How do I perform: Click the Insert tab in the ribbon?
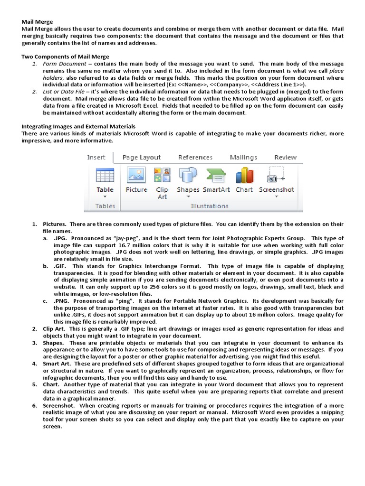96,158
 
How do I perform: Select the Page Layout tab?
141,158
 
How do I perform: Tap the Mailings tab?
243,158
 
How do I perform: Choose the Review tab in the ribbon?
285,158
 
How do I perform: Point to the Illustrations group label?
209,206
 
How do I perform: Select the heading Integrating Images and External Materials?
78,127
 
